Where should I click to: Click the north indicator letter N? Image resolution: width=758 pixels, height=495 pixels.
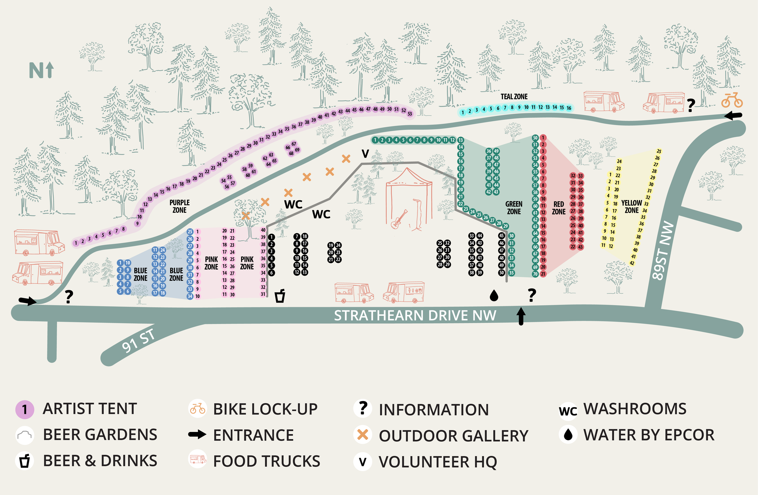coord(36,70)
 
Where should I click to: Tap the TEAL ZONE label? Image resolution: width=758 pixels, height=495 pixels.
coord(514,96)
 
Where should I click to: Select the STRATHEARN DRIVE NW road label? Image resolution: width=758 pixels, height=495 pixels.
coord(415,316)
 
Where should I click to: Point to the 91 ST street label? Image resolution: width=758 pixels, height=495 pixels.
coord(138,341)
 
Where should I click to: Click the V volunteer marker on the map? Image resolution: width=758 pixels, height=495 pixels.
coord(365,154)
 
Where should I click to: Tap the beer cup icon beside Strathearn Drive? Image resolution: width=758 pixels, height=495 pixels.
coord(280,296)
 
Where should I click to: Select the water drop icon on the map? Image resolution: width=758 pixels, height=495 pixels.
coord(494,296)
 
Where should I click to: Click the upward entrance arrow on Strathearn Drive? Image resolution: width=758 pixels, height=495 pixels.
coord(521,316)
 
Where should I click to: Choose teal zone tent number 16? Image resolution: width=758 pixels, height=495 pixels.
coord(568,108)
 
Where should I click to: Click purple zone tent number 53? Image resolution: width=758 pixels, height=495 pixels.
coord(410,114)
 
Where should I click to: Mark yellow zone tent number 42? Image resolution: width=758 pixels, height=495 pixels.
coord(632,263)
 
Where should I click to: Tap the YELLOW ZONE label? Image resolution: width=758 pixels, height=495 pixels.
coord(631,207)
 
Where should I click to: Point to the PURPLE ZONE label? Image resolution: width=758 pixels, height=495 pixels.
coord(179,206)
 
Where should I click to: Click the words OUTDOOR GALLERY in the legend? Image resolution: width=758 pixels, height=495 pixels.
coord(453,436)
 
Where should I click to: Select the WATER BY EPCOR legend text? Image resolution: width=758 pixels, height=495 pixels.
coord(649,435)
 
